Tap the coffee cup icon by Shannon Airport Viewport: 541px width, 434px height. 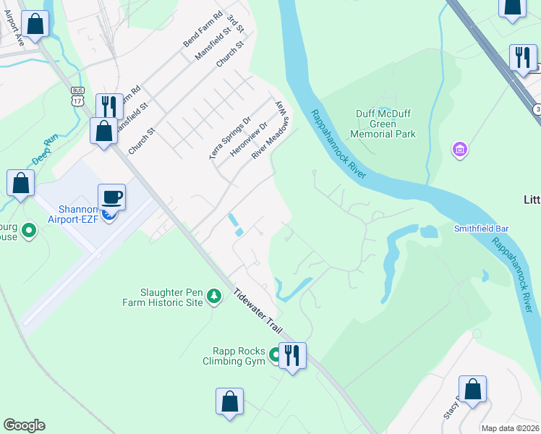[x=111, y=197]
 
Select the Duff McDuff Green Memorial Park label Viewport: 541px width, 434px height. [x=385, y=124]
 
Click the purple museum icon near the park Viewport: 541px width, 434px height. [x=459, y=150]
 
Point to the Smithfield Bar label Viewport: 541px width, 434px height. [x=481, y=229]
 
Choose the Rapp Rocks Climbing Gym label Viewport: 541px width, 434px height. [x=236, y=356]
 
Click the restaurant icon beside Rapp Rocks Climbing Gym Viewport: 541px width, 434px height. [x=292, y=355]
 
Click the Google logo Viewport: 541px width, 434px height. [x=24, y=425]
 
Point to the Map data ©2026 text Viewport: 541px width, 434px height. [x=509, y=428]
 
